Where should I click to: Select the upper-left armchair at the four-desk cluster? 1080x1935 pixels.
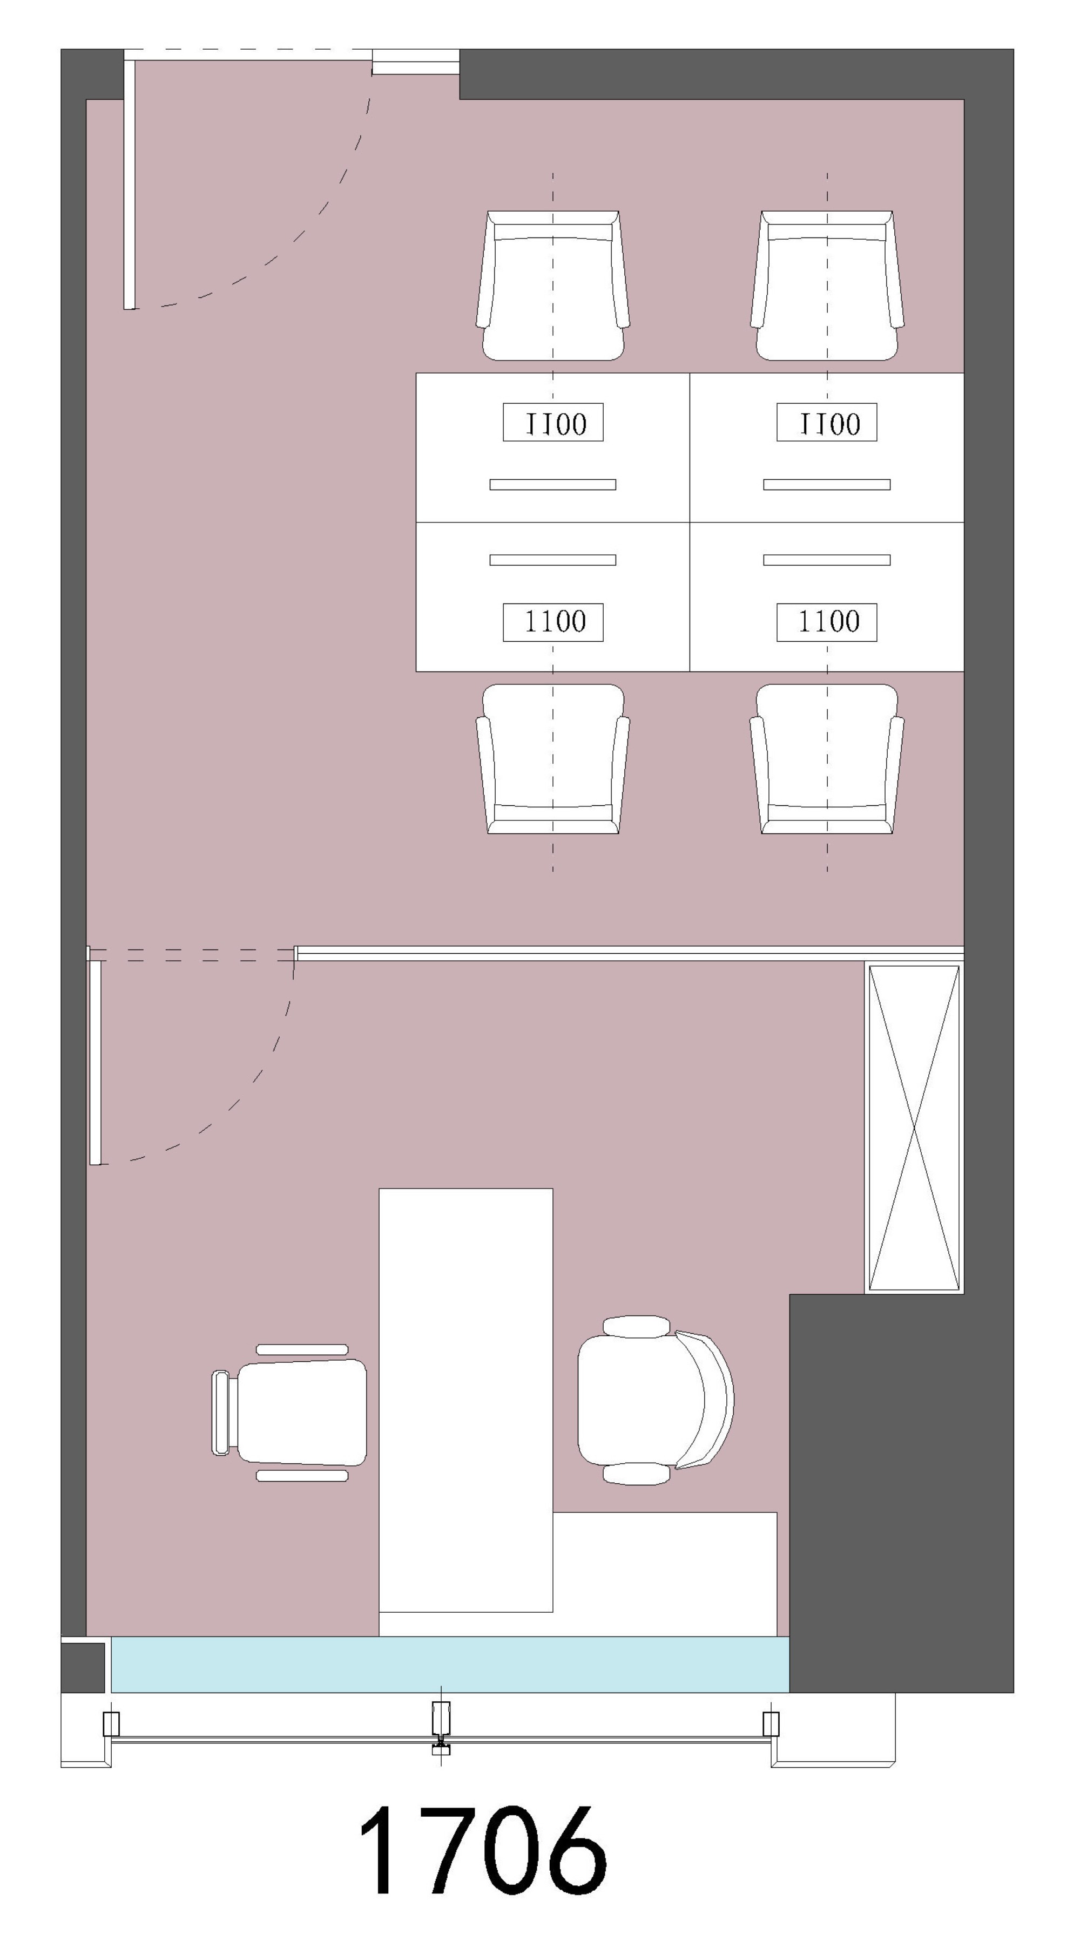click(x=552, y=286)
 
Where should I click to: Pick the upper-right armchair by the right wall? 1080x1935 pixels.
click(x=827, y=286)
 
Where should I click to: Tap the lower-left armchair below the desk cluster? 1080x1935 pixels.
click(x=552, y=759)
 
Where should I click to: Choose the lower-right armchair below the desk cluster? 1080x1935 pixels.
click(x=827, y=759)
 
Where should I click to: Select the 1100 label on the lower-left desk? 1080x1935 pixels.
click(x=553, y=622)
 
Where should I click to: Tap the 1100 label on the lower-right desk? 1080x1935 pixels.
click(x=827, y=622)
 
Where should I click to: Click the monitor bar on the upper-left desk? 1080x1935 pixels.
click(x=553, y=485)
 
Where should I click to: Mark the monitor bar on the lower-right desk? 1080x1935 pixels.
click(x=827, y=560)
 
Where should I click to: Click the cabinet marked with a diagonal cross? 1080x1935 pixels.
click(x=914, y=1127)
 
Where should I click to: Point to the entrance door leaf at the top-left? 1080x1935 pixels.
click(x=129, y=185)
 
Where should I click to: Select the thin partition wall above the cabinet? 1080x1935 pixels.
click(x=629, y=953)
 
